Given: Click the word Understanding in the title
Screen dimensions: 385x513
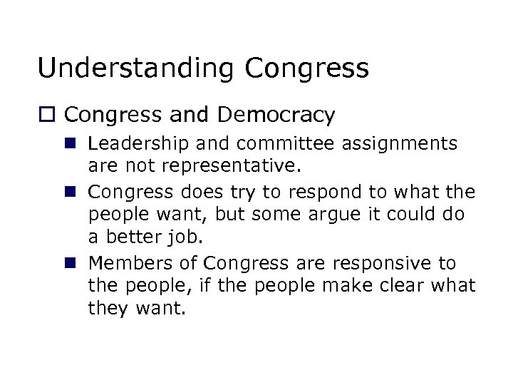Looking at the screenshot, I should click(136, 68).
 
